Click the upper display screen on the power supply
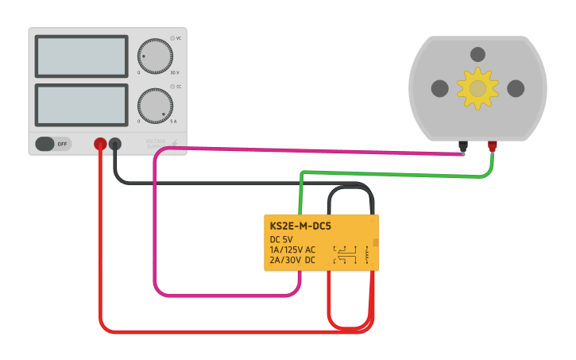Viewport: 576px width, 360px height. coord(81,56)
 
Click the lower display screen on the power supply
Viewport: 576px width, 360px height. coord(81,105)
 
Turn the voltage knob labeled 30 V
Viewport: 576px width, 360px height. coord(155,57)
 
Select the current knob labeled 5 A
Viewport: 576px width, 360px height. coord(155,106)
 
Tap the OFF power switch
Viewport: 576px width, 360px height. coord(52,144)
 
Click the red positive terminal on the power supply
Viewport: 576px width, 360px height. coord(100,144)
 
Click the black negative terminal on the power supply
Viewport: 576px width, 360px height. coord(115,144)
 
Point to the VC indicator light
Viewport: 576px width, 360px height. coord(172,38)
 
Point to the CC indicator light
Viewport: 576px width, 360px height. coord(172,87)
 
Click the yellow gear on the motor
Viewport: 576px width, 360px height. coord(477,88)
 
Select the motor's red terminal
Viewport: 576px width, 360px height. coord(493,145)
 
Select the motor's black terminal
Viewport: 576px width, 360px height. coord(463,145)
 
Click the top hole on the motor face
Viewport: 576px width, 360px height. coord(477,55)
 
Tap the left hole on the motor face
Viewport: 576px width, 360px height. coord(440,88)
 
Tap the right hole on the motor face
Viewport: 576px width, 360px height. coord(516,88)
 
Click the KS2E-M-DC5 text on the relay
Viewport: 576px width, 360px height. coord(300,226)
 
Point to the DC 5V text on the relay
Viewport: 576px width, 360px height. coord(281,239)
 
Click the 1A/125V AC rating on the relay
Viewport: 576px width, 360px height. coord(292,250)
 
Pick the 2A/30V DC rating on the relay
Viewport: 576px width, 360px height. coord(292,260)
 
